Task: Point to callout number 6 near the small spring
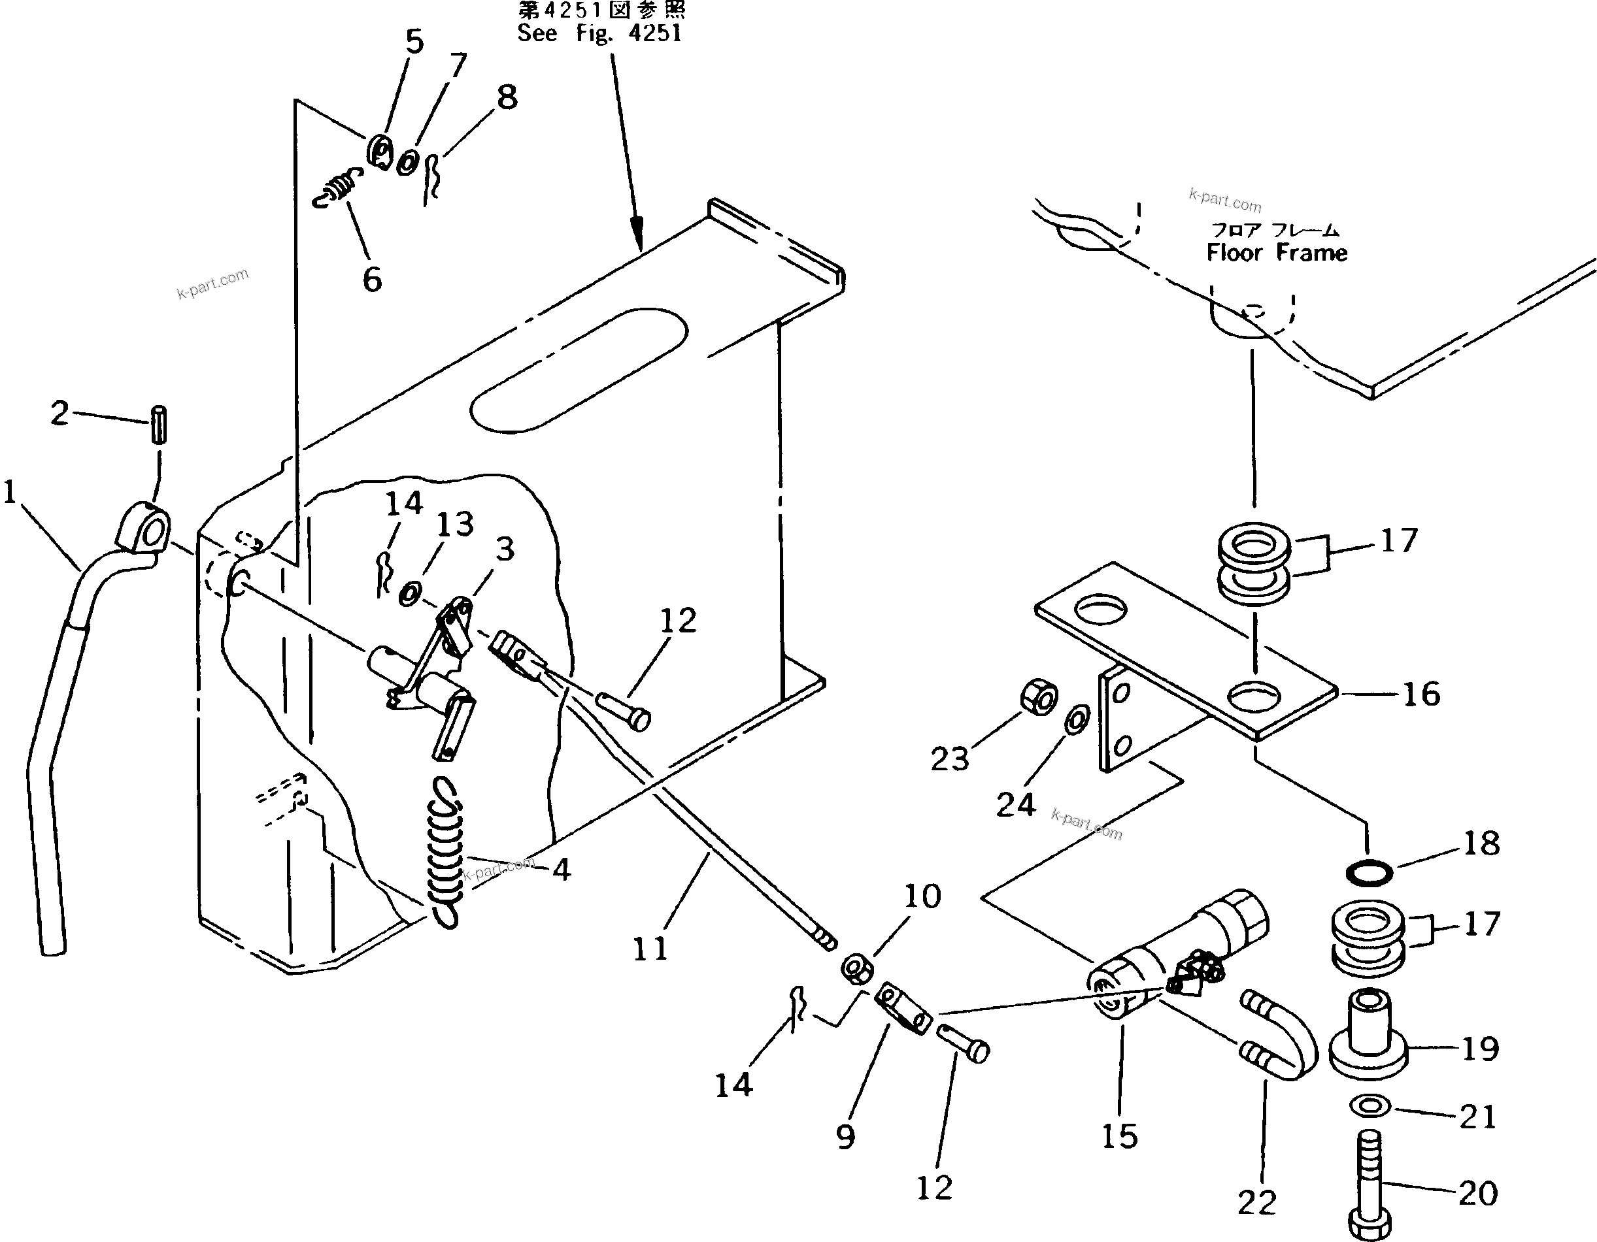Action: (372, 279)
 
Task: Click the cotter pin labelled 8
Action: (432, 178)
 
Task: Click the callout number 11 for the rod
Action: (650, 949)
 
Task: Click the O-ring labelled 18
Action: (1369, 872)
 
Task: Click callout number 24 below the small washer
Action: (1016, 805)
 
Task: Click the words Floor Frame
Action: (1276, 253)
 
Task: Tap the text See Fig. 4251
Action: (599, 33)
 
